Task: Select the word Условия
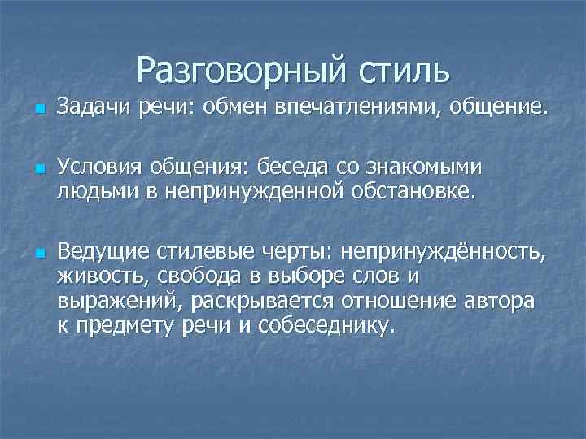[97, 167]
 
